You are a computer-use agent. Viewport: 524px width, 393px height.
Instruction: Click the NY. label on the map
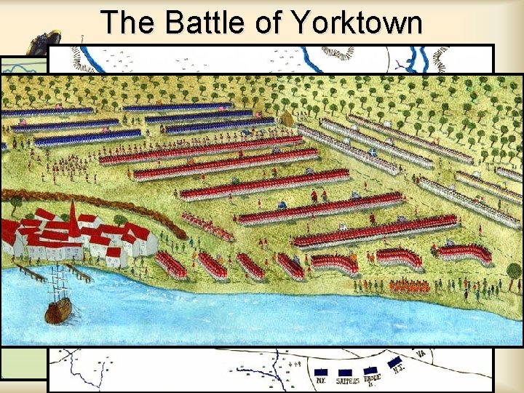321,380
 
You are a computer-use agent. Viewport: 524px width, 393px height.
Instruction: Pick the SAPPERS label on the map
347,380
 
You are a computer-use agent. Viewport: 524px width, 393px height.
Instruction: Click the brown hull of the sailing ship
58,312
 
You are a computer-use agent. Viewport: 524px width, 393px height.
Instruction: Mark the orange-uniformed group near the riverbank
408,285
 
